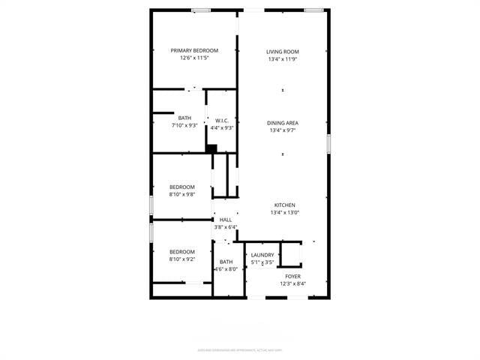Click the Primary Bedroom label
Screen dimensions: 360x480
tap(194, 50)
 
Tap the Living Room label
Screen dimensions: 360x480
tap(283, 52)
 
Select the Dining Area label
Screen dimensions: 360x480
tap(283, 122)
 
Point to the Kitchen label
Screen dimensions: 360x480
tap(284, 205)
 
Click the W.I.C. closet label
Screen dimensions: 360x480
tap(222, 120)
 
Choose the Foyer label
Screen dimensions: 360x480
tap(292, 276)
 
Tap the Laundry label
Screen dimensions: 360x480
tap(262, 255)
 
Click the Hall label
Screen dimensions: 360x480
tap(226, 220)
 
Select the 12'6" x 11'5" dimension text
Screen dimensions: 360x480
tap(194, 58)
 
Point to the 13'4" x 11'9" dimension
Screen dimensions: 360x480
tap(283, 59)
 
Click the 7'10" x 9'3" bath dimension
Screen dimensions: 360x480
tap(184, 125)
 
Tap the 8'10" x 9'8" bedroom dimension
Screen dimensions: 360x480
tap(181, 194)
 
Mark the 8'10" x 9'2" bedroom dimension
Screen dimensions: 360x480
tap(181, 259)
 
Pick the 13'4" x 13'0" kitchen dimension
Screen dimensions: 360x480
tap(284, 212)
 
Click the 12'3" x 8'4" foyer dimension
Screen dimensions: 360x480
tap(292, 283)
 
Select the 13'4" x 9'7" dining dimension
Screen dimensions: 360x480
tap(283, 130)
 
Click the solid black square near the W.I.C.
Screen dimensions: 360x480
tap(211, 148)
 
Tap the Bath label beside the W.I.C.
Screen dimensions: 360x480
tap(184, 118)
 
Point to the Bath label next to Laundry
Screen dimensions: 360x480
tap(226, 262)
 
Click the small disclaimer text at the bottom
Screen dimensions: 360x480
tap(240, 349)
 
